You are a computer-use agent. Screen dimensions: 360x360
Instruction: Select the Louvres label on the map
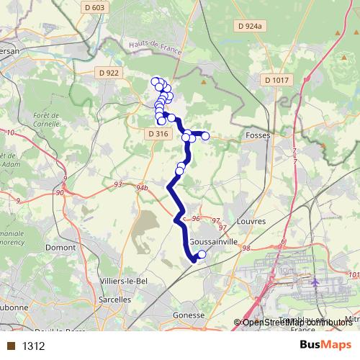251,221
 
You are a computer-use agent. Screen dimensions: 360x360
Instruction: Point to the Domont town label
60,247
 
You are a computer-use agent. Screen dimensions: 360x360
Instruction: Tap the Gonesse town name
191,315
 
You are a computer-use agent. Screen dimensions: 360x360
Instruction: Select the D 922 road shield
108,73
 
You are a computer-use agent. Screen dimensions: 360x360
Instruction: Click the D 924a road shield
251,27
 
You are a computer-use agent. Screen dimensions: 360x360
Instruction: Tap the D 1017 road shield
276,79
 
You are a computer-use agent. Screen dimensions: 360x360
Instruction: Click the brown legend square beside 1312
10,346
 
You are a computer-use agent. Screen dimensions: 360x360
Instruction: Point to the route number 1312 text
34,346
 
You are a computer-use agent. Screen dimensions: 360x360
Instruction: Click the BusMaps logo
325,346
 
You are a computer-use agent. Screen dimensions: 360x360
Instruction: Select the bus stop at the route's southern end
202,254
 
